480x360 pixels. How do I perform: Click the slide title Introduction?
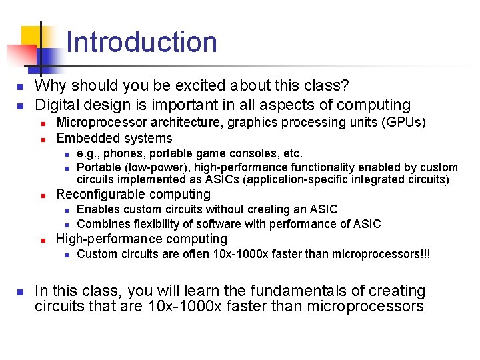[x=142, y=42]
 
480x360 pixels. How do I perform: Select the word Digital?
[x=57, y=105]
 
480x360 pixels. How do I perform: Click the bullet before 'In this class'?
[x=20, y=292]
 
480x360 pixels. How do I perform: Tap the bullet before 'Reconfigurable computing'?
[x=42, y=195]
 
